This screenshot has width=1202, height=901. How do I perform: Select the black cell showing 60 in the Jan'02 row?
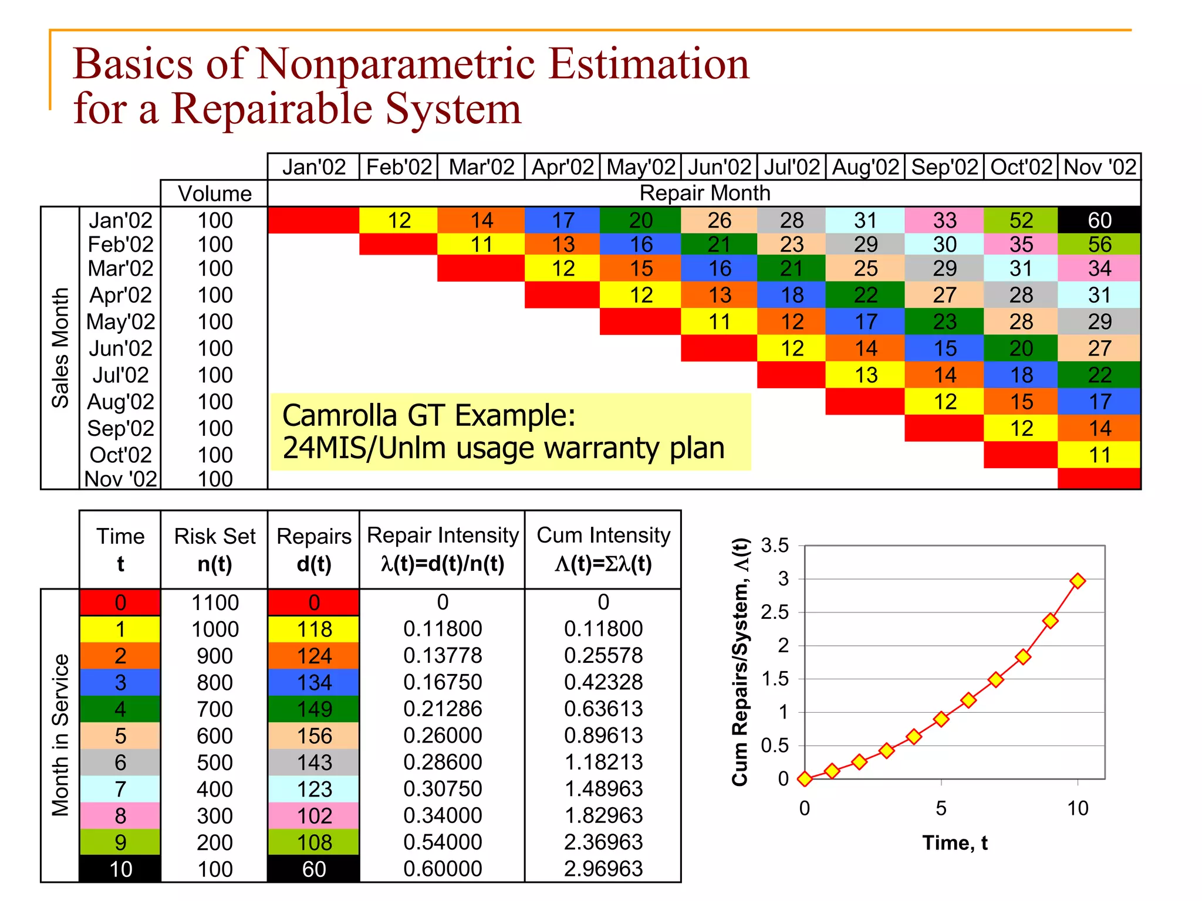point(1099,221)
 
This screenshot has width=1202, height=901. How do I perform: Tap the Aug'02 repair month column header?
point(865,167)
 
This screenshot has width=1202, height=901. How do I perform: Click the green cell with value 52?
point(1021,221)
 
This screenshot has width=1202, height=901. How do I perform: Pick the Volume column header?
point(215,194)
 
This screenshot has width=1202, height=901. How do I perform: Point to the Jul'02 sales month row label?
point(120,375)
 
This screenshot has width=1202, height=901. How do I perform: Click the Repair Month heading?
point(704,193)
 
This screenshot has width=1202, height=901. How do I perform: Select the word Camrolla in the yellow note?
point(340,415)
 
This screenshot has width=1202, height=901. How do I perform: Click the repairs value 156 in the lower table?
point(314,736)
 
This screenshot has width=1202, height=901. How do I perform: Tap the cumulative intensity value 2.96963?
point(603,869)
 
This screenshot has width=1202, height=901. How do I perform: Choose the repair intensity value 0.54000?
point(443,842)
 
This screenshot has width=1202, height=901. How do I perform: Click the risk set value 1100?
point(215,602)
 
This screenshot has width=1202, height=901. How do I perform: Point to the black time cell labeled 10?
point(120,869)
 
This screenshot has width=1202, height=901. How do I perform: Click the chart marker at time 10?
point(1078,581)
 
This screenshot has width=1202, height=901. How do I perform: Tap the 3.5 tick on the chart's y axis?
point(774,546)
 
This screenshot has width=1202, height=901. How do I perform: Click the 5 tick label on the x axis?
point(941,808)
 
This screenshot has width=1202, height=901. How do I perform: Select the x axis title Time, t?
point(954,843)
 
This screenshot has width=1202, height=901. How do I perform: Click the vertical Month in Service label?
point(60,735)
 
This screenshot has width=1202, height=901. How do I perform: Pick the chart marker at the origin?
point(805,778)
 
